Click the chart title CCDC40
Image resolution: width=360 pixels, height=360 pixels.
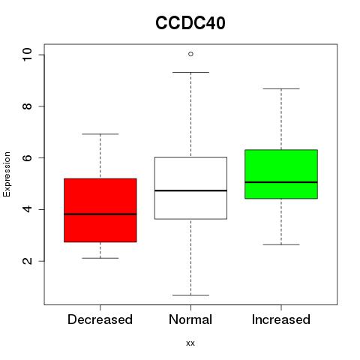pos(190,22)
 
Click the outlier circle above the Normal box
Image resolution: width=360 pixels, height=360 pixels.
pos(190,54)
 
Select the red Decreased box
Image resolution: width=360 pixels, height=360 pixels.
pos(100,210)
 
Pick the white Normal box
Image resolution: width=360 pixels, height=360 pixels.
pos(190,188)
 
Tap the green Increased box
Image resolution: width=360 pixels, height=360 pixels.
pos(281,174)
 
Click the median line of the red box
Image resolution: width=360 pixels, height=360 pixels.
pos(100,214)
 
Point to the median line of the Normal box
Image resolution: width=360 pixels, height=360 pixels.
pos(190,190)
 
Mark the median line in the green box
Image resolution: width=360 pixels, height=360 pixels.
pos(281,182)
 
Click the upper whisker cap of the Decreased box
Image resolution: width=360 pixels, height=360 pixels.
pos(100,134)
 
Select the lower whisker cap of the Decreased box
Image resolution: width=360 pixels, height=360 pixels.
pos(100,258)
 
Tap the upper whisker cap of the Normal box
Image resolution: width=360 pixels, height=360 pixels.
pos(190,72)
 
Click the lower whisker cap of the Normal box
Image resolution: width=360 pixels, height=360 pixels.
pos(190,295)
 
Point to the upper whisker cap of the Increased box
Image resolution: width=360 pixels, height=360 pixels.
pos(281,88)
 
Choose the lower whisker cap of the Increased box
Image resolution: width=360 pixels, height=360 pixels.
pos(281,244)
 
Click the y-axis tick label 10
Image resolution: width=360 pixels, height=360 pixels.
pos(27,55)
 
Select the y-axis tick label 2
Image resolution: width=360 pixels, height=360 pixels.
pos(27,261)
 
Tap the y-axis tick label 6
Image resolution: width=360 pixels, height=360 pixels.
pos(27,157)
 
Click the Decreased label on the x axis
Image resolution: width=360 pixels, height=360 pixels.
pos(100,319)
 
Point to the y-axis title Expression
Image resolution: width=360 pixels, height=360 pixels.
pos(7,174)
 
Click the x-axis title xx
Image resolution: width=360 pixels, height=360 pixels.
pos(190,343)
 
